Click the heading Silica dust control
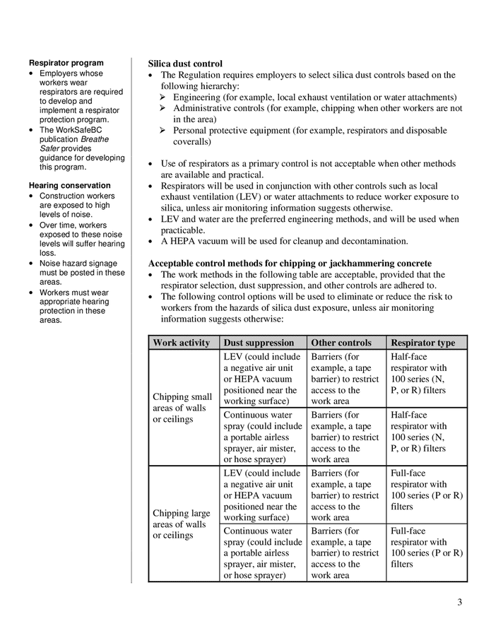pyautogui.click(x=185, y=64)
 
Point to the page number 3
pyautogui.click(x=459, y=603)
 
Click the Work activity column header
pyautogui.click(x=182, y=343)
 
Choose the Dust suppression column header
pyautogui.click(x=259, y=343)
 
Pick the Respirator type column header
pyautogui.click(x=422, y=343)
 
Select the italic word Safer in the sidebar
pyautogui.click(x=51, y=148)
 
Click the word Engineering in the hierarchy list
pyautogui.click(x=201, y=97)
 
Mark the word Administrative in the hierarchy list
pyautogui.click(x=206, y=108)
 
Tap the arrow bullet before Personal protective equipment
pyautogui.click(x=163, y=131)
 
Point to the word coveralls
pyautogui.click(x=192, y=141)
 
